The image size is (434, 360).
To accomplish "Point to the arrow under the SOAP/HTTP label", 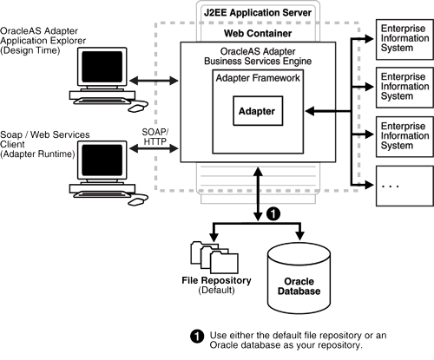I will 155,148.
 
